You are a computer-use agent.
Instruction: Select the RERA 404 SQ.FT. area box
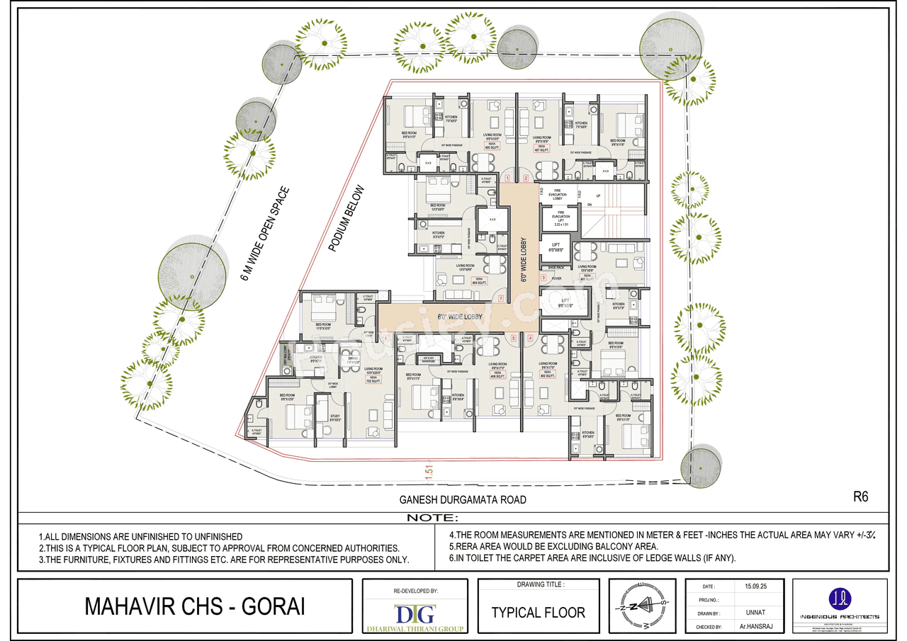tap(480, 280)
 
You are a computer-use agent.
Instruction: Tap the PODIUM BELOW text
tap(347, 219)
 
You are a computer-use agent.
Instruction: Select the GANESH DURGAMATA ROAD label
tap(461, 500)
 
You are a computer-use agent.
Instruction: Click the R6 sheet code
tap(860, 498)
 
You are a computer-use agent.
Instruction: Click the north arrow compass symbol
tap(640, 606)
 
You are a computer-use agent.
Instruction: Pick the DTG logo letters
tap(415, 613)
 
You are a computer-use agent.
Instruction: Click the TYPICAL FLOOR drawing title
tap(539, 612)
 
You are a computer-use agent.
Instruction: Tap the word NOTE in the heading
tap(432, 518)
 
